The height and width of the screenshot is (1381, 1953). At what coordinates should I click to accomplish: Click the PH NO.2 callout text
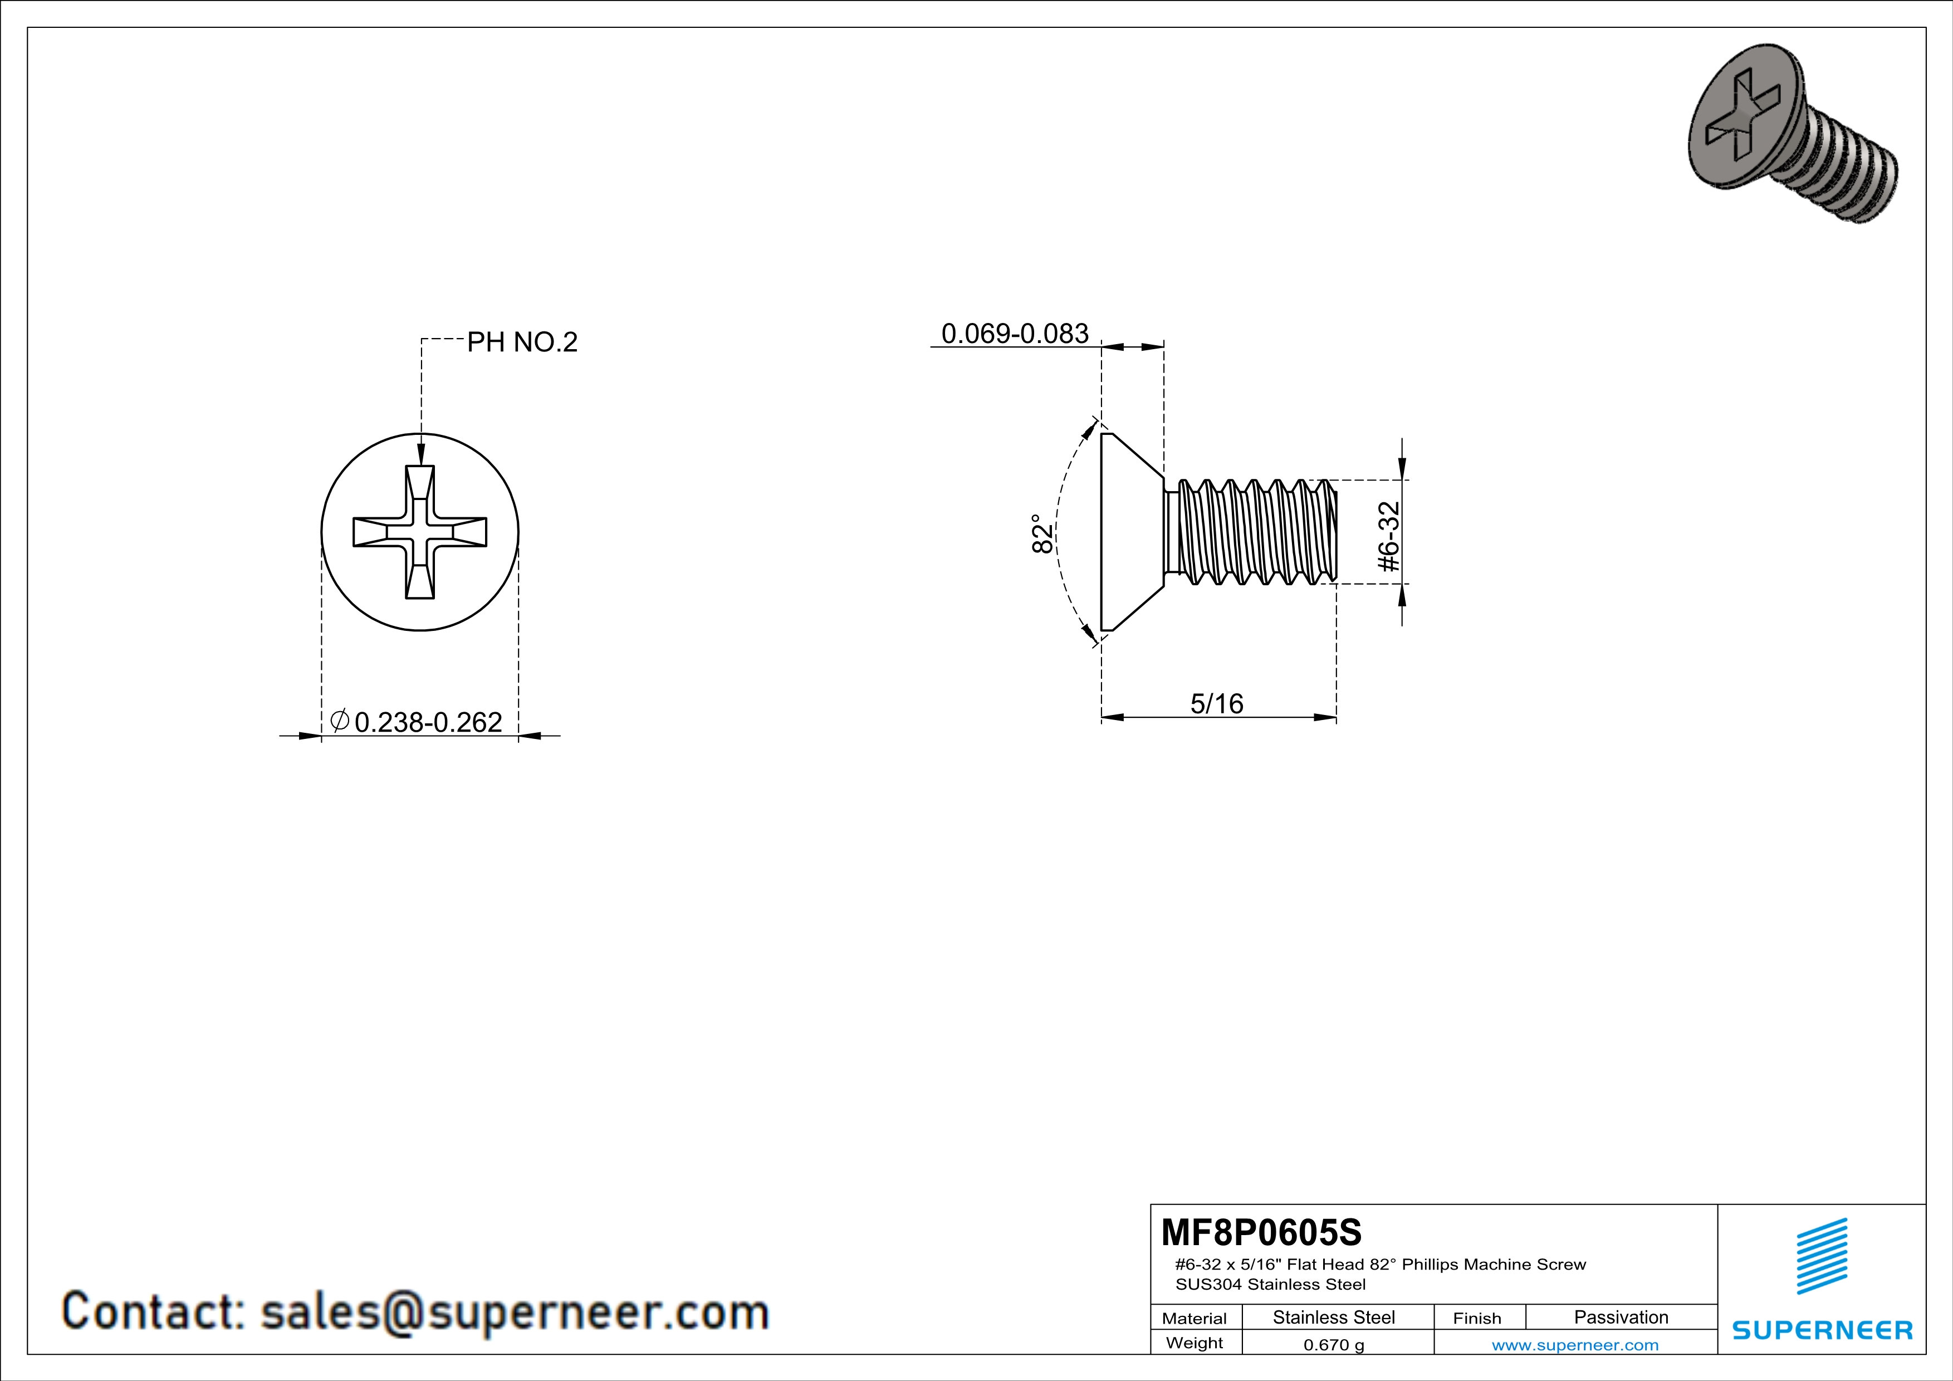tap(522, 342)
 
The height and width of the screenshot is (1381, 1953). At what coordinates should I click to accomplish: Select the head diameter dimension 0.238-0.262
tap(428, 722)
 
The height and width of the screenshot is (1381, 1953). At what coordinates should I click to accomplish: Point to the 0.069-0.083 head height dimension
tap(1015, 334)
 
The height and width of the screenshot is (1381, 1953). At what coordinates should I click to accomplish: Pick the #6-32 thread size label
tap(1388, 537)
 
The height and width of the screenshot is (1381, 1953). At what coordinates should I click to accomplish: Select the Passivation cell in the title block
tap(1621, 1317)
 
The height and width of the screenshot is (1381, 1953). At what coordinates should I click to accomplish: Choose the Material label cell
tap(1195, 1318)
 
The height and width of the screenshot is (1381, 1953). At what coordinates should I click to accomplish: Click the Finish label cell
tap(1477, 1318)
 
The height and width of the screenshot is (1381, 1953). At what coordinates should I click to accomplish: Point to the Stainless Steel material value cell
tap(1334, 1317)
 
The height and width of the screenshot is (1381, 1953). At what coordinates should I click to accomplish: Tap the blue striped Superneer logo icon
tap(1821, 1256)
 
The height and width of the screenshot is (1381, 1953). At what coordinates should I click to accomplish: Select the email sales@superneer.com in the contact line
tap(515, 1312)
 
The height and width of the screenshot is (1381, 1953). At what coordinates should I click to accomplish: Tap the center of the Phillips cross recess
tap(420, 532)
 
